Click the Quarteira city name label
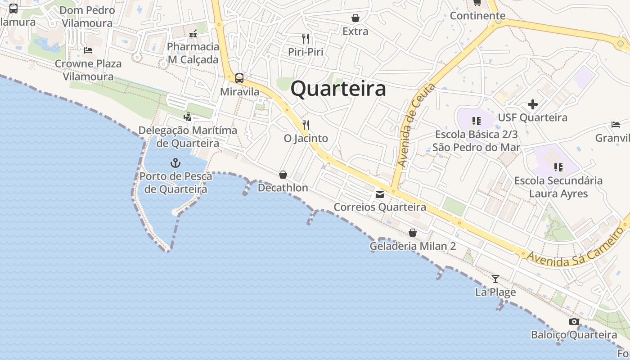click(338, 89)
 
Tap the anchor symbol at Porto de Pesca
click(175, 163)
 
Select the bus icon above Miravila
click(239, 78)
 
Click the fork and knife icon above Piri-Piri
click(306, 38)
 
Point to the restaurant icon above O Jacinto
click(306, 125)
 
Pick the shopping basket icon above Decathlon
click(283, 175)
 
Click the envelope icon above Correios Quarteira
click(380, 194)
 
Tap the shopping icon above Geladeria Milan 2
click(413, 233)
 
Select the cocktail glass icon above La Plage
click(495, 279)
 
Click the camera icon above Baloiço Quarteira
click(574, 321)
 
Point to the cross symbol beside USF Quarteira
click(533, 105)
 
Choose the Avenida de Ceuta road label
click(415, 126)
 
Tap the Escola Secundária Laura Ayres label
click(558, 187)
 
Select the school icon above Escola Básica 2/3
click(476, 121)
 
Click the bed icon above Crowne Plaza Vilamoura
click(88, 50)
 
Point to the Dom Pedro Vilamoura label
click(87, 17)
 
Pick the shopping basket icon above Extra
click(355, 18)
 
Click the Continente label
click(477, 16)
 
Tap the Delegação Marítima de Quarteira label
click(188, 137)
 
